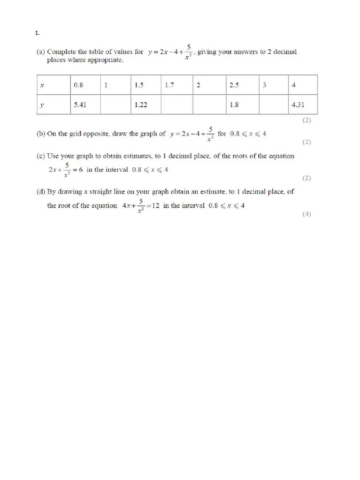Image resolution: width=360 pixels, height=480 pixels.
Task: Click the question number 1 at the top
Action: coord(37,33)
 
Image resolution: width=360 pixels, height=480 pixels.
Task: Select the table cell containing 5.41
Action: coord(80,105)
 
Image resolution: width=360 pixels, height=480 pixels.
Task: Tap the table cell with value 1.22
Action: coord(141,105)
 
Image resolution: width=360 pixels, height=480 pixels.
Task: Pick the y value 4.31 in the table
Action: coord(298,105)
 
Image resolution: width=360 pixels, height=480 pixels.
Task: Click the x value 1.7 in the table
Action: coord(170,85)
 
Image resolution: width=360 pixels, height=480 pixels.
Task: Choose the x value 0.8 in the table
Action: coord(78,85)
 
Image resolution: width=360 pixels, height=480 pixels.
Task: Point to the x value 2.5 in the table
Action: coord(234,85)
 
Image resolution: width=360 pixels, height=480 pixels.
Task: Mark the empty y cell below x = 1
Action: coord(115,105)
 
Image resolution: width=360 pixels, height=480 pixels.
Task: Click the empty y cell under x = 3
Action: coord(273,105)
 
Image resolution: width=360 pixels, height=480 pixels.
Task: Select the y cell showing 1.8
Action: coord(234,105)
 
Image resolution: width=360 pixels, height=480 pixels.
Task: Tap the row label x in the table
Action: coord(42,85)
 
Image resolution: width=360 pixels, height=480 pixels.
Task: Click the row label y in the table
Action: coord(42,105)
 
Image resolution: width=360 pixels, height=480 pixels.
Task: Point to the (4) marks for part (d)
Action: coord(307,214)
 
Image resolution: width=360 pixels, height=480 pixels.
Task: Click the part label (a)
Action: coord(41,52)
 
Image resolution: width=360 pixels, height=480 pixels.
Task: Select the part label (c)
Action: coord(41,156)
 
